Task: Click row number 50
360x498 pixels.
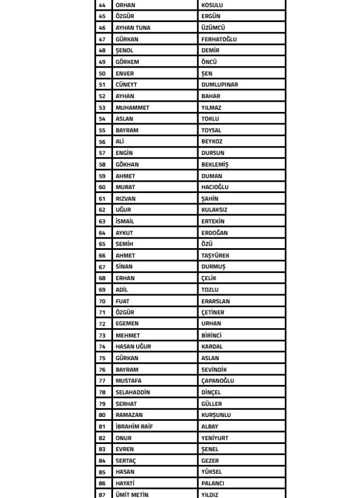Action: [102, 73]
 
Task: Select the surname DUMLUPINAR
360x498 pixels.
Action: [219, 84]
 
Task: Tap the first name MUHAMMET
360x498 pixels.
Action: [132, 107]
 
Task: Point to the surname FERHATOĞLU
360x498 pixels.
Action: [219, 39]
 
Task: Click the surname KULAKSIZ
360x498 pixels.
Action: [214, 210]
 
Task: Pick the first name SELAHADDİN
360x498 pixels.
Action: [133, 392]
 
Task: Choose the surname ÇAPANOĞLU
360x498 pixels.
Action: [218, 380]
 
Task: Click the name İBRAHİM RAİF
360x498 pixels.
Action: [134, 426]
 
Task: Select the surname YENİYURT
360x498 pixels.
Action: [215, 438]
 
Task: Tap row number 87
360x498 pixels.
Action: [102, 495]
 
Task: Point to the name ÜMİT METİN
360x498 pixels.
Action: [132, 495]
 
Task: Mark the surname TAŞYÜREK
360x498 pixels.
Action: [215, 255]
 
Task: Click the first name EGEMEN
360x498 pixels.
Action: [127, 324]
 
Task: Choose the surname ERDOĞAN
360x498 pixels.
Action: [214, 232]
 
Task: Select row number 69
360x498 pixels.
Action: [102, 289]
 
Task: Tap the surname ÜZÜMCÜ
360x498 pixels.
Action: [214, 28]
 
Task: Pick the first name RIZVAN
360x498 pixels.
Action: [125, 199]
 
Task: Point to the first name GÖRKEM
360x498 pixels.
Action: [127, 62]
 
